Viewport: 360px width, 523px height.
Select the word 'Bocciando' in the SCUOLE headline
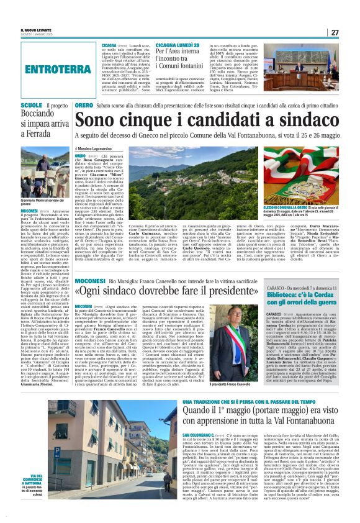(38, 116)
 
